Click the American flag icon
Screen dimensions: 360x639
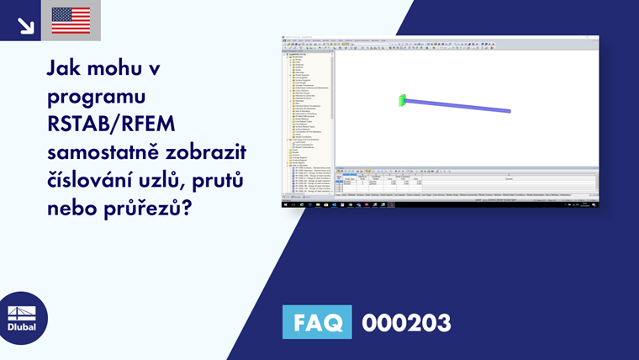(71, 20)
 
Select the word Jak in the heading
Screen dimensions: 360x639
(66, 67)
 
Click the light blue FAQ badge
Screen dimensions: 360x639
(316, 322)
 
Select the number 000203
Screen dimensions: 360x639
(406, 322)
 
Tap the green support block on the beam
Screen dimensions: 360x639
(403, 101)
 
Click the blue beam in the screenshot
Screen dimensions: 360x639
(458, 106)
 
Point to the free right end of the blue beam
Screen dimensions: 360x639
(509, 110)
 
